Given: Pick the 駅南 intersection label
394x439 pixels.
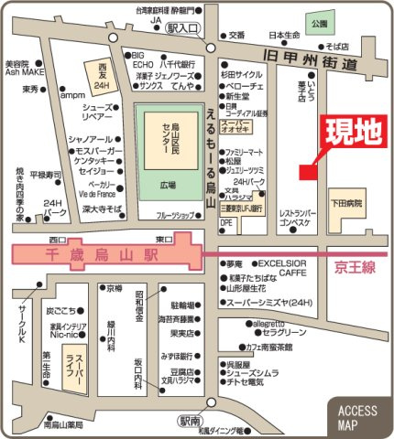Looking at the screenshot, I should tap(189, 422).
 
